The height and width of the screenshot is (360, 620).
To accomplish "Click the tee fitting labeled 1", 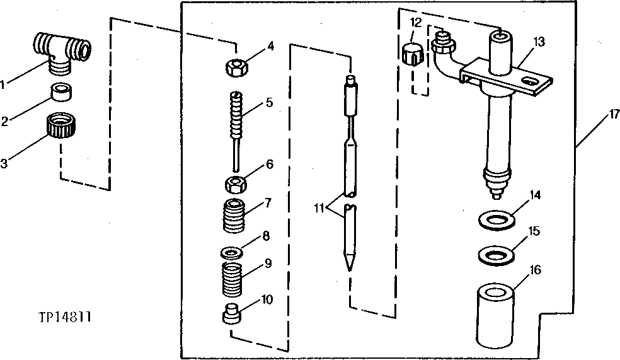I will tap(60, 50).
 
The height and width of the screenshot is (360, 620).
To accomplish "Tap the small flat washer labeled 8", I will tap(233, 252).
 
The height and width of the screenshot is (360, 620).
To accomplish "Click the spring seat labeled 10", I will tap(233, 314).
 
